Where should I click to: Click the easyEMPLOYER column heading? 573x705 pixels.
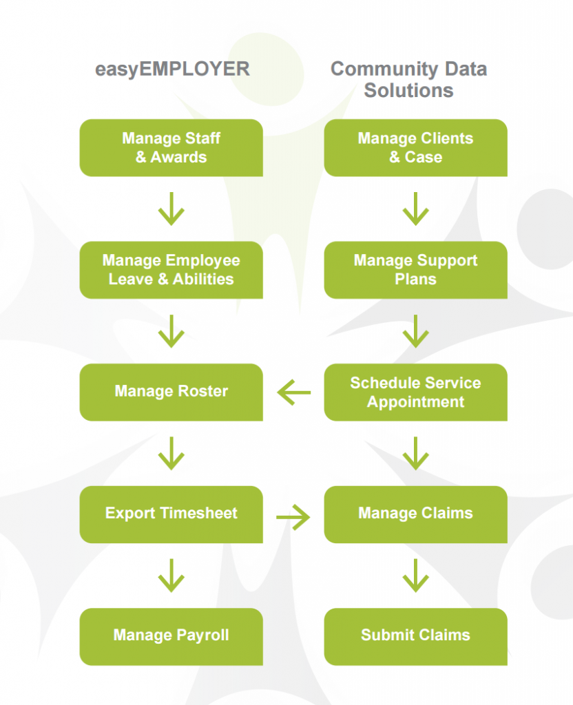[x=171, y=70]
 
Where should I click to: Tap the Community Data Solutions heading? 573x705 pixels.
[x=408, y=79]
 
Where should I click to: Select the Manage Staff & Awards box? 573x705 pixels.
[x=171, y=147]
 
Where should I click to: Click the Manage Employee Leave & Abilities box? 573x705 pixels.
[x=171, y=270]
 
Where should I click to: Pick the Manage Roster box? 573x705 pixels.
[x=171, y=392]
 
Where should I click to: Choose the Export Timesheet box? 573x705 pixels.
[x=171, y=514]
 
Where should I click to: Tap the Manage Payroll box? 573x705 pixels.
[x=171, y=635]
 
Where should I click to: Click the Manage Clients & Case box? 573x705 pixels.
[x=415, y=147]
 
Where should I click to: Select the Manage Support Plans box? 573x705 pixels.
[x=415, y=270]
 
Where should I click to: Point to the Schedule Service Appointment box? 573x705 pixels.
[x=415, y=392]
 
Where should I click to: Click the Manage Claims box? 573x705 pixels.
[x=415, y=514]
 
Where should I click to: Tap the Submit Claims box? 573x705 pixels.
[x=415, y=635]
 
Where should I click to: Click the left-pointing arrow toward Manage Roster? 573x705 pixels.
[x=294, y=393]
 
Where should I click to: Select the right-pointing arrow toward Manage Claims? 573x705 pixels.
[x=293, y=516]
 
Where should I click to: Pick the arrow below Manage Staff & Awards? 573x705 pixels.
[x=171, y=209]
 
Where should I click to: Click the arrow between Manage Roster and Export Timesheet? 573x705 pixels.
[x=171, y=453]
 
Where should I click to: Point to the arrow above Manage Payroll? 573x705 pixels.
[x=171, y=576]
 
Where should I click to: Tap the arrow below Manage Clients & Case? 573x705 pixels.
[x=415, y=209]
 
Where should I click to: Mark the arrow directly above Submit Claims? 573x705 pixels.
[x=415, y=576]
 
